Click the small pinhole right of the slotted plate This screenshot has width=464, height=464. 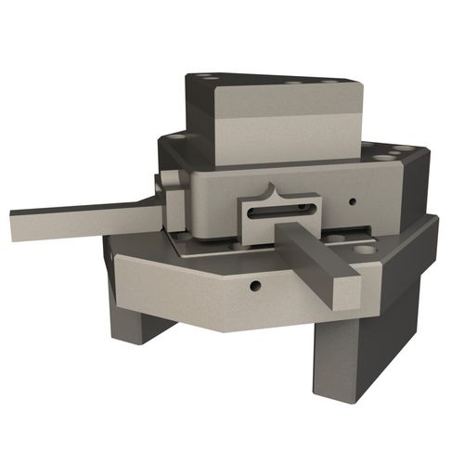(x=353, y=200)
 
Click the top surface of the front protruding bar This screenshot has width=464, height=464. (x=316, y=245)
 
